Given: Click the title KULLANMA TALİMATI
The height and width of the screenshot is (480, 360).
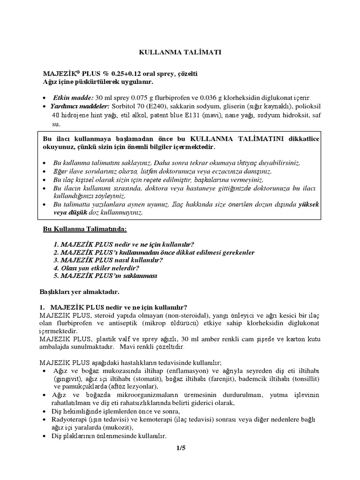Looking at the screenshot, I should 180,52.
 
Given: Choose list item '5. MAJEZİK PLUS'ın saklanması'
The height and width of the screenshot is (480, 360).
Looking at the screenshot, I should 105,276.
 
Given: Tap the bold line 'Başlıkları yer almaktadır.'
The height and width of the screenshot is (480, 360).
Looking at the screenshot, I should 80,292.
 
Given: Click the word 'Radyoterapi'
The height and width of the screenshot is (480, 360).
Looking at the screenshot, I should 72,419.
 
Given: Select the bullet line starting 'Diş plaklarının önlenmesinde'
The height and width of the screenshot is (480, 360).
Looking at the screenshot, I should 110,436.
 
